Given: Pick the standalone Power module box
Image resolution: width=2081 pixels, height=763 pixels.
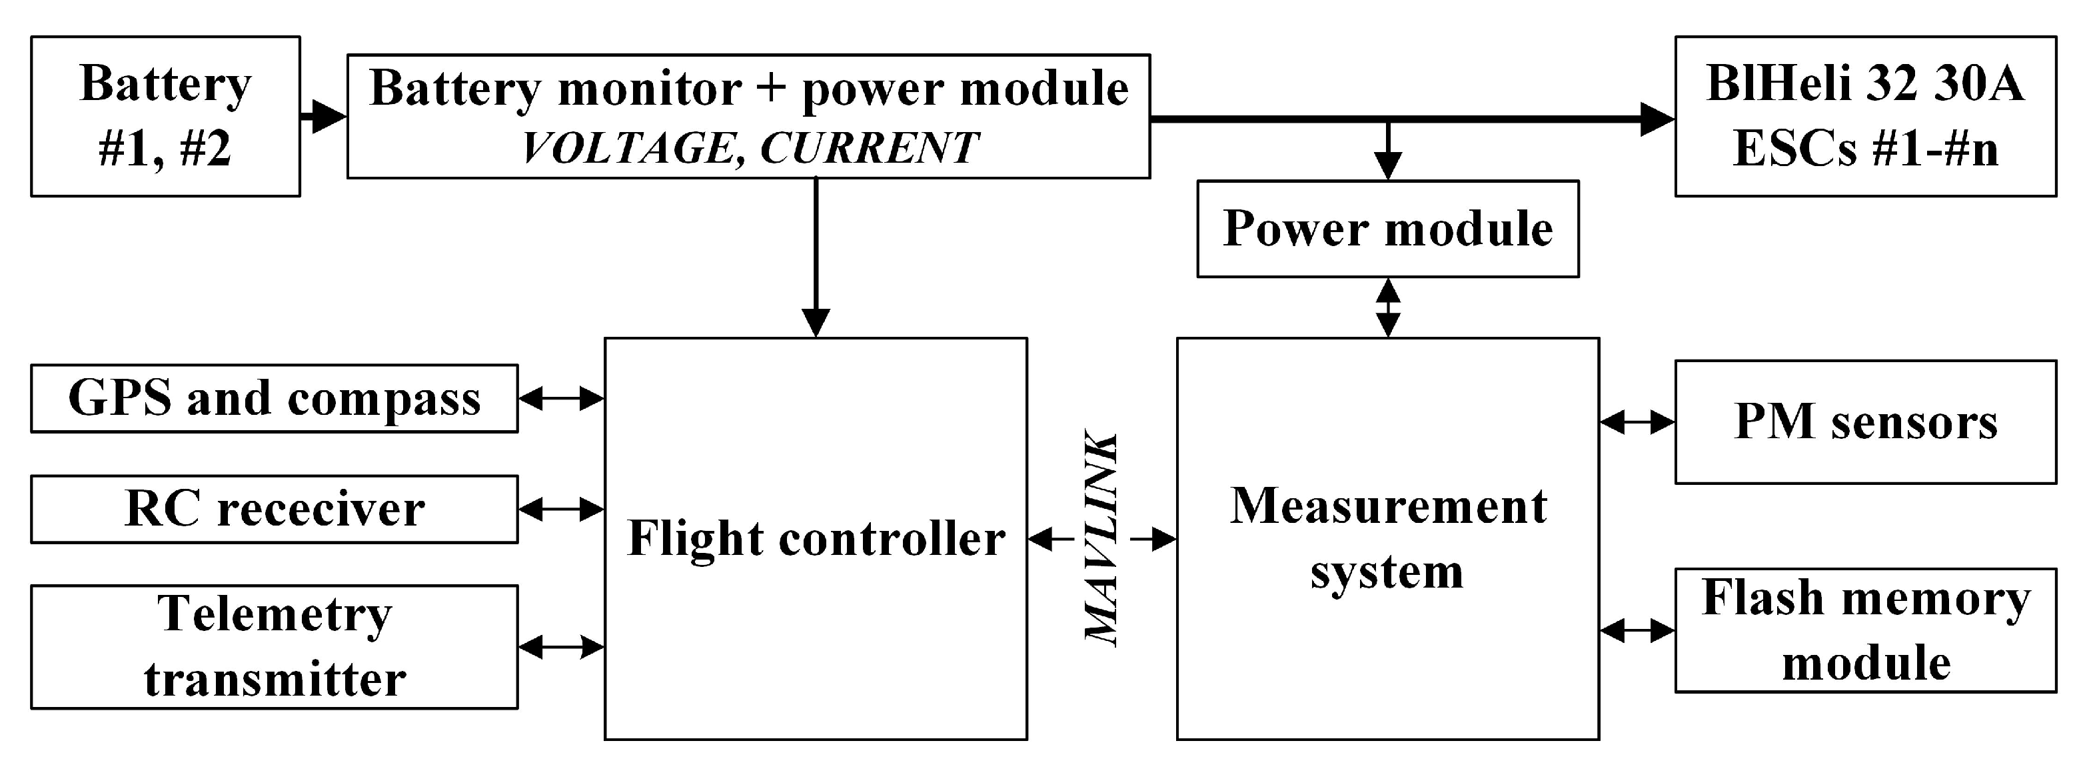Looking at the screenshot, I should click(x=1387, y=229).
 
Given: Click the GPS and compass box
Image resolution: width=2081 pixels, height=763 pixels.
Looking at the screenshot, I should click(x=274, y=398).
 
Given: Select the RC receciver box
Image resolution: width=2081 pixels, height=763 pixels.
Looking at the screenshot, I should click(x=274, y=509).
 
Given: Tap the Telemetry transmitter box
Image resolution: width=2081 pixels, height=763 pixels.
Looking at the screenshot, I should click(x=274, y=646).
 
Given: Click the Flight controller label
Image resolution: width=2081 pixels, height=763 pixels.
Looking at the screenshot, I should click(x=816, y=538).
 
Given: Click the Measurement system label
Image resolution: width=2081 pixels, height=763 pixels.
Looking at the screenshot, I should click(x=1387, y=538).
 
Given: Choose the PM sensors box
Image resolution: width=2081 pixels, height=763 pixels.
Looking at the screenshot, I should click(x=1864, y=422).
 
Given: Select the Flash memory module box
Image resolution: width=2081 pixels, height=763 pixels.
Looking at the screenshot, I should click(x=1864, y=630).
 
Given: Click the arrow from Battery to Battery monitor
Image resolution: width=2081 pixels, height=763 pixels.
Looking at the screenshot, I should click(x=324, y=117).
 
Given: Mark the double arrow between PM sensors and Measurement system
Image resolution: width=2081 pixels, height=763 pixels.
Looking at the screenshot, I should click(x=1637, y=422).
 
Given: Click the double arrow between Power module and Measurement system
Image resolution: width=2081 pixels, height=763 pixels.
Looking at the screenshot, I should click(x=1388, y=307).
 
